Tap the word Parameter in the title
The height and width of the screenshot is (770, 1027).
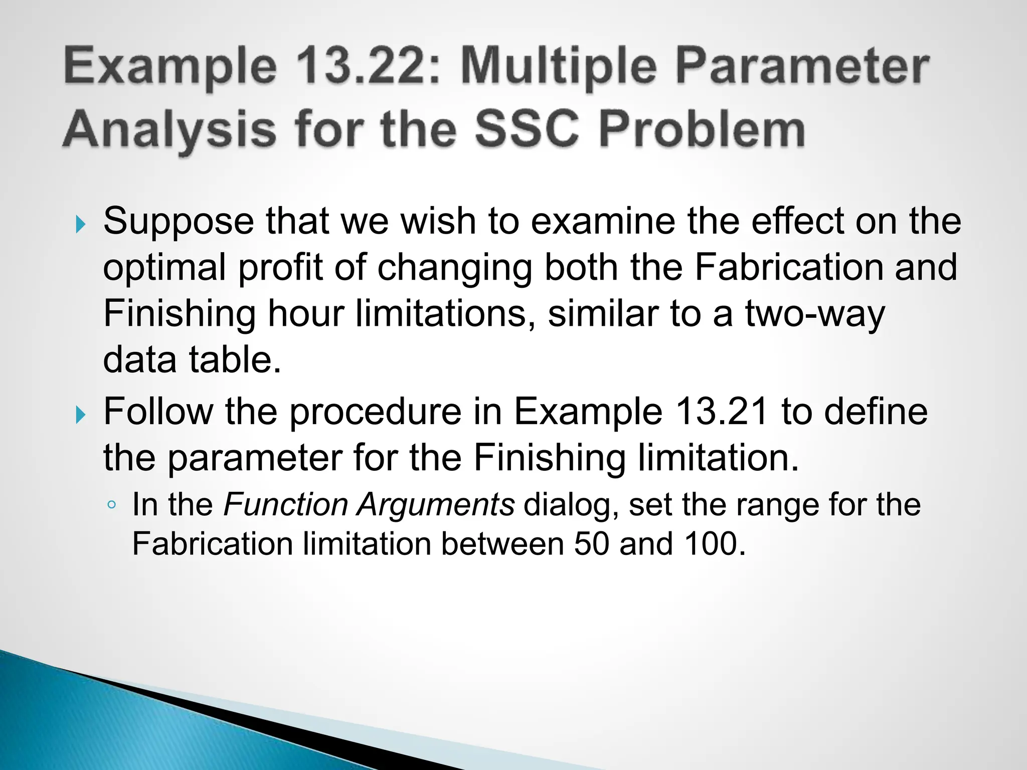point(802,67)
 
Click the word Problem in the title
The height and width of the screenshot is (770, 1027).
point(702,129)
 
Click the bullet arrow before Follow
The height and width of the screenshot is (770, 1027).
point(80,415)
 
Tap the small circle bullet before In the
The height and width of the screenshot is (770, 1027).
point(112,505)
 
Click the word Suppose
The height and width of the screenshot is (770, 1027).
point(179,222)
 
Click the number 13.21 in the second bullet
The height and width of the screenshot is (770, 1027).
point(722,412)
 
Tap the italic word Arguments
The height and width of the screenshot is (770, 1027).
point(435,504)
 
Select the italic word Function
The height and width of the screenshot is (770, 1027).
point(285,504)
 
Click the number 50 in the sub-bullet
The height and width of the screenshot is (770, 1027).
point(591,544)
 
